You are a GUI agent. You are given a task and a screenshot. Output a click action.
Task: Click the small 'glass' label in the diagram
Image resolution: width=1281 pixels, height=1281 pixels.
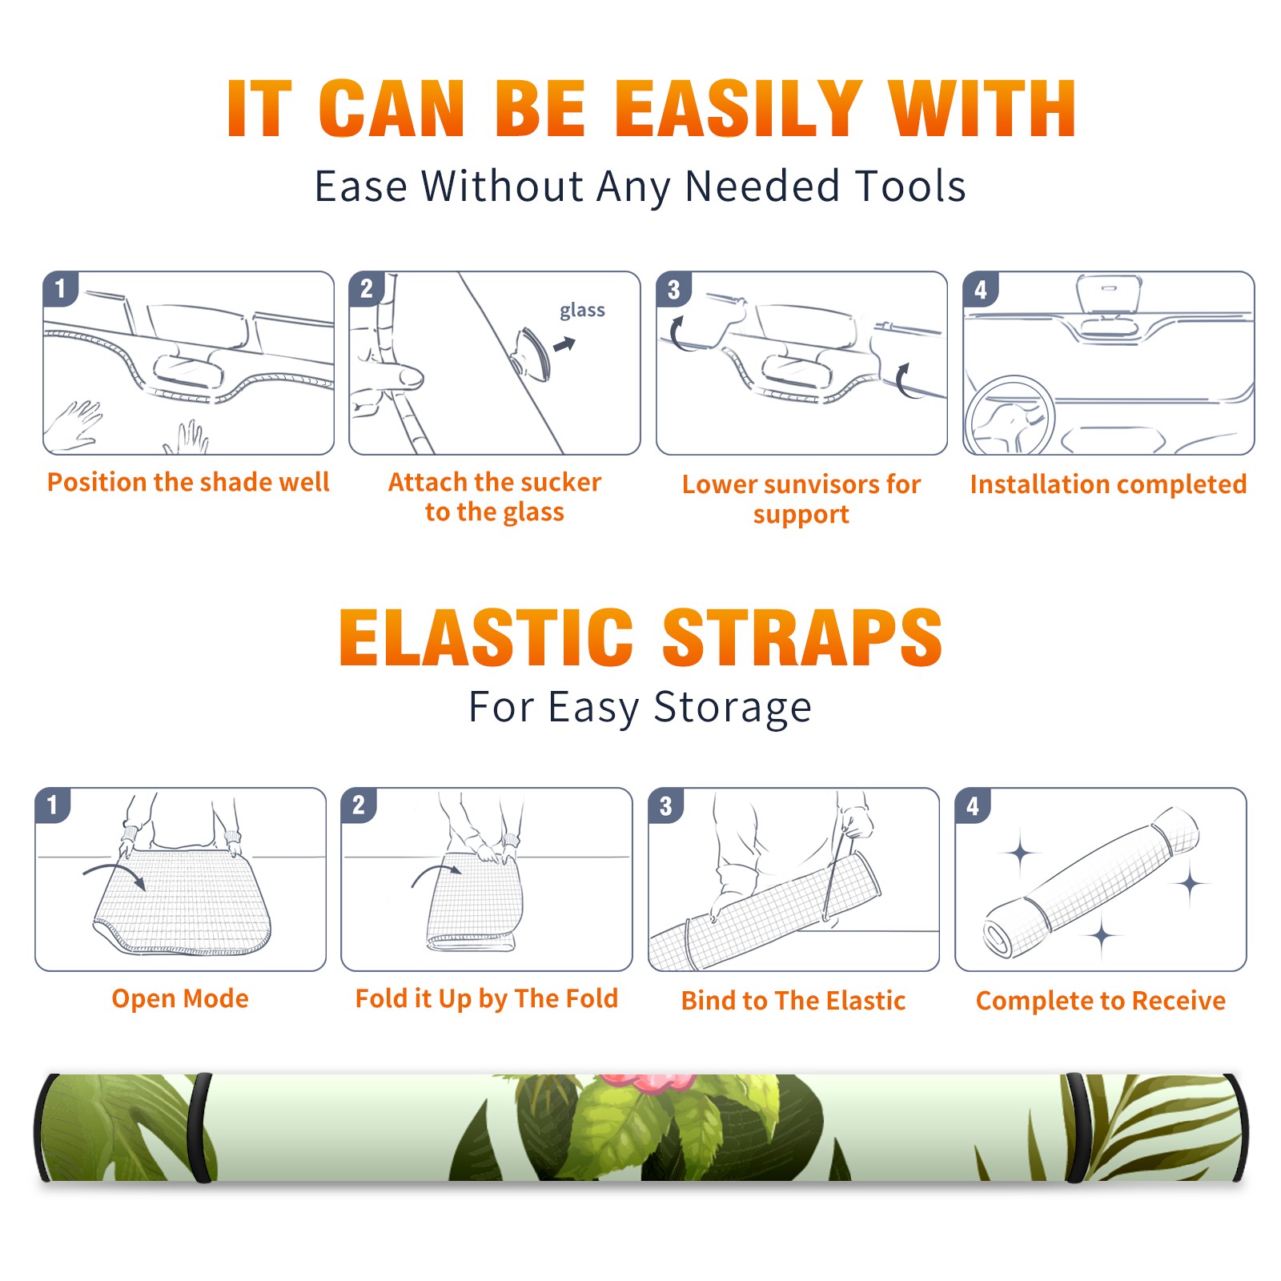click(x=582, y=311)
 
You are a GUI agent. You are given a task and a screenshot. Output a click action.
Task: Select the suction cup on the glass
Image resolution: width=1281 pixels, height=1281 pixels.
click(x=532, y=353)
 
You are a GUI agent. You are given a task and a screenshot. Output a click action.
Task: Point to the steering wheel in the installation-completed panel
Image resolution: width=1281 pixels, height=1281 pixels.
click(x=1010, y=416)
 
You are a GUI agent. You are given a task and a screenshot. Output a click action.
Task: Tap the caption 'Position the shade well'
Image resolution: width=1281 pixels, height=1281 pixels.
click(x=188, y=482)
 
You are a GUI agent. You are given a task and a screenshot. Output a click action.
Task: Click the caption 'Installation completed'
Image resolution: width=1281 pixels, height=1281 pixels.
click(x=1108, y=484)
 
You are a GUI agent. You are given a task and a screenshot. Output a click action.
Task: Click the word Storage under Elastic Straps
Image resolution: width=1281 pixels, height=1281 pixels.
click(x=733, y=708)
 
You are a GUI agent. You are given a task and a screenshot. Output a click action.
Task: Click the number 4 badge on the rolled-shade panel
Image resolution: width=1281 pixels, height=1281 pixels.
click(x=973, y=805)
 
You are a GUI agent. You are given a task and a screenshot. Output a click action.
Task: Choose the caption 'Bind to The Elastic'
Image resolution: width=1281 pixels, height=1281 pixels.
click(x=793, y=1000)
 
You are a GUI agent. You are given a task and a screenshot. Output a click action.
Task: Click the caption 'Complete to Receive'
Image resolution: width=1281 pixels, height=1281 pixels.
click(x=1100, y=1000)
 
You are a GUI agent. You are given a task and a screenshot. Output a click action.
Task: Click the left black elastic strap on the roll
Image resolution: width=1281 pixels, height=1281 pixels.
click(x=201, y=1128)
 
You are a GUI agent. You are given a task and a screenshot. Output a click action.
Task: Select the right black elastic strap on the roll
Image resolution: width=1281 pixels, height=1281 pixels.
click(x=1078, y=1128)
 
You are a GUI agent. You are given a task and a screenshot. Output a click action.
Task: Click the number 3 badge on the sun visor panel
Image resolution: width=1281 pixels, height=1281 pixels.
click(x=673, y=290)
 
